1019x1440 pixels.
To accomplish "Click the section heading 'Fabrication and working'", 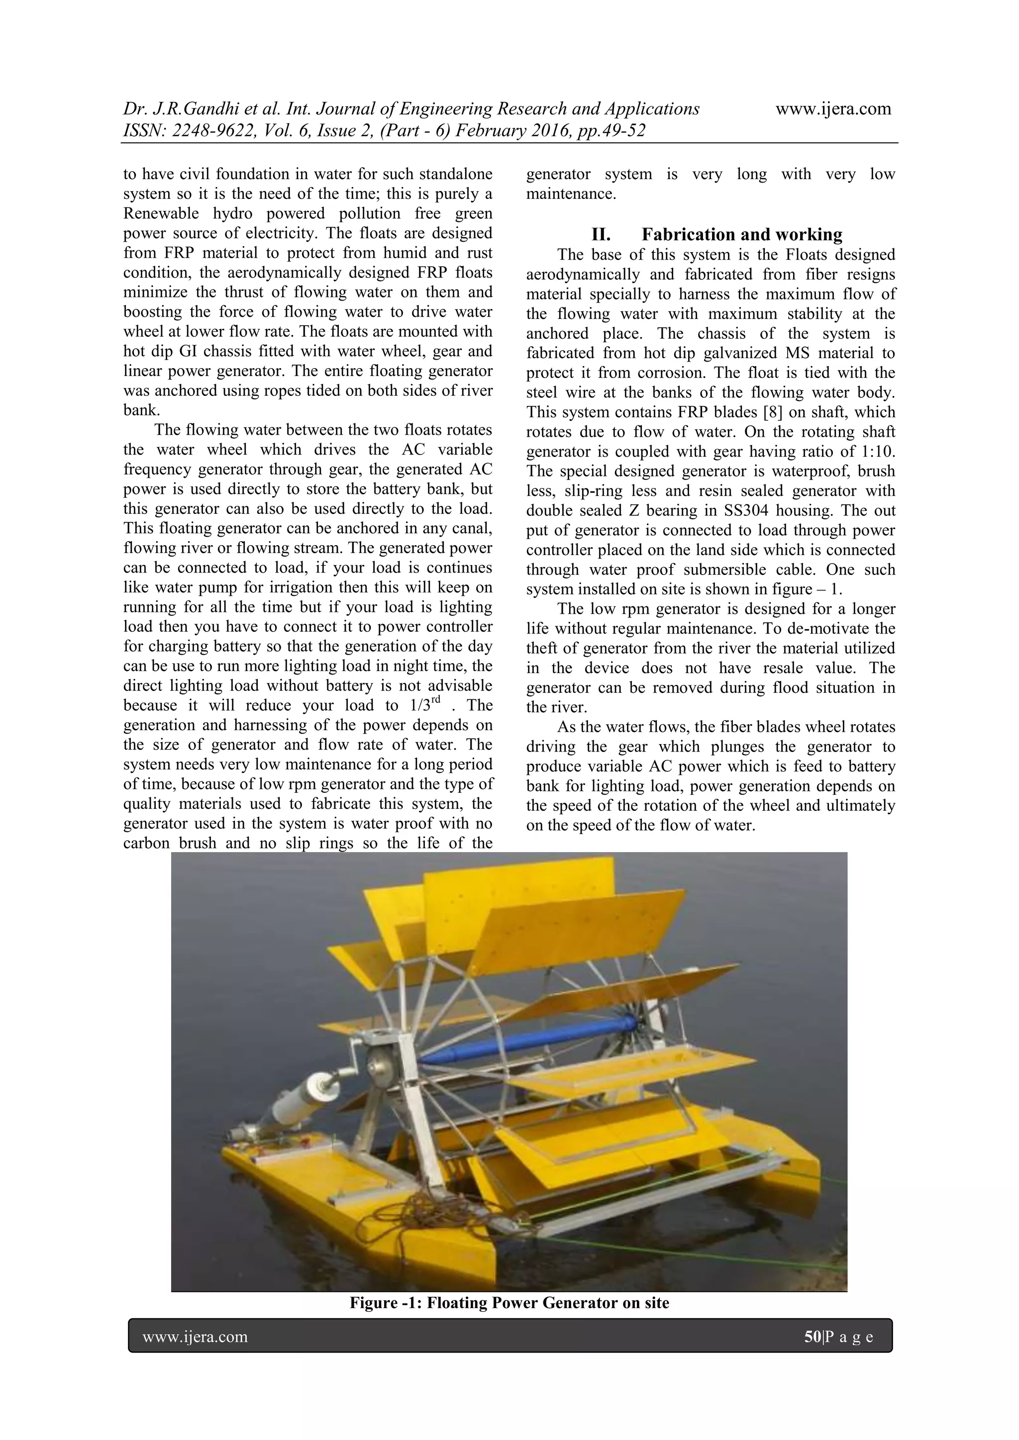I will [x=742, y=235].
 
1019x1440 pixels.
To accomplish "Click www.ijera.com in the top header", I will [x=833, y=109].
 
